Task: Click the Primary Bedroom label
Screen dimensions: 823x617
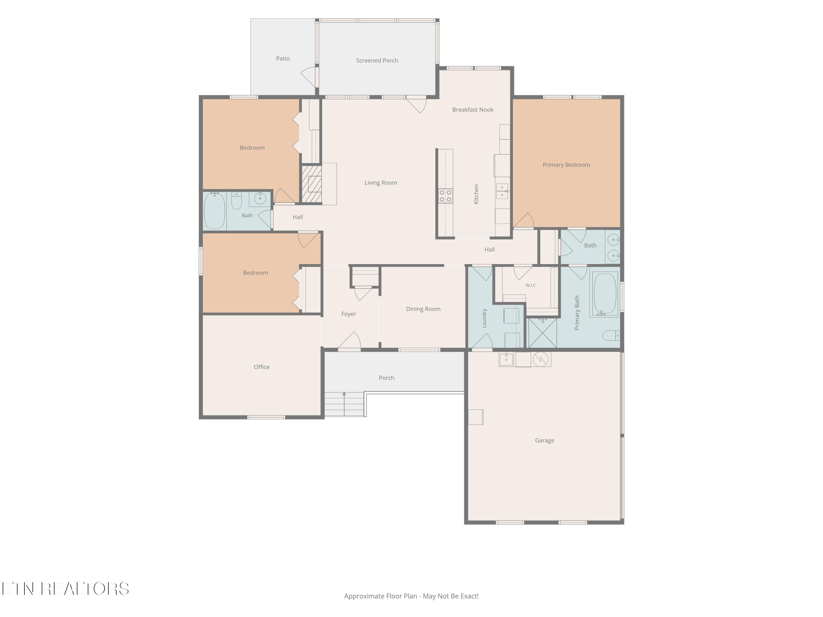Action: coord(566,165)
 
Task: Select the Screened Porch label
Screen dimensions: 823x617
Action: coord(377,61)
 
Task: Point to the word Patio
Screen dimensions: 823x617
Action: coord(283,58)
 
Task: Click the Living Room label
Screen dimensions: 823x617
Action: coord(381,183)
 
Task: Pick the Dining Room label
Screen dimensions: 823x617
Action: coord(423,309)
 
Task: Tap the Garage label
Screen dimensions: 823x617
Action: coord(544,440)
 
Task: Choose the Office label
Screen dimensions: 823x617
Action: coord(261,367)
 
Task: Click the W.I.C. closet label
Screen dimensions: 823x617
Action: coord(531,285)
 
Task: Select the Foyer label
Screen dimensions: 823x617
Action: coord(349,314)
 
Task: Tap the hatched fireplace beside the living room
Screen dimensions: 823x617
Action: coord(311,184)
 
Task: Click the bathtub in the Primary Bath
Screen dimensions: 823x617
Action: coord(605,295)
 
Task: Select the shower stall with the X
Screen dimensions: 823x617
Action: coord(542,333)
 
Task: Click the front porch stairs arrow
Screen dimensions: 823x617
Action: coord(344,404)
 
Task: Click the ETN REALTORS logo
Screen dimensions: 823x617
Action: coord(66,589)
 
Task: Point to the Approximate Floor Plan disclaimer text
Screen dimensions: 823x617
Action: coord(411,596)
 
